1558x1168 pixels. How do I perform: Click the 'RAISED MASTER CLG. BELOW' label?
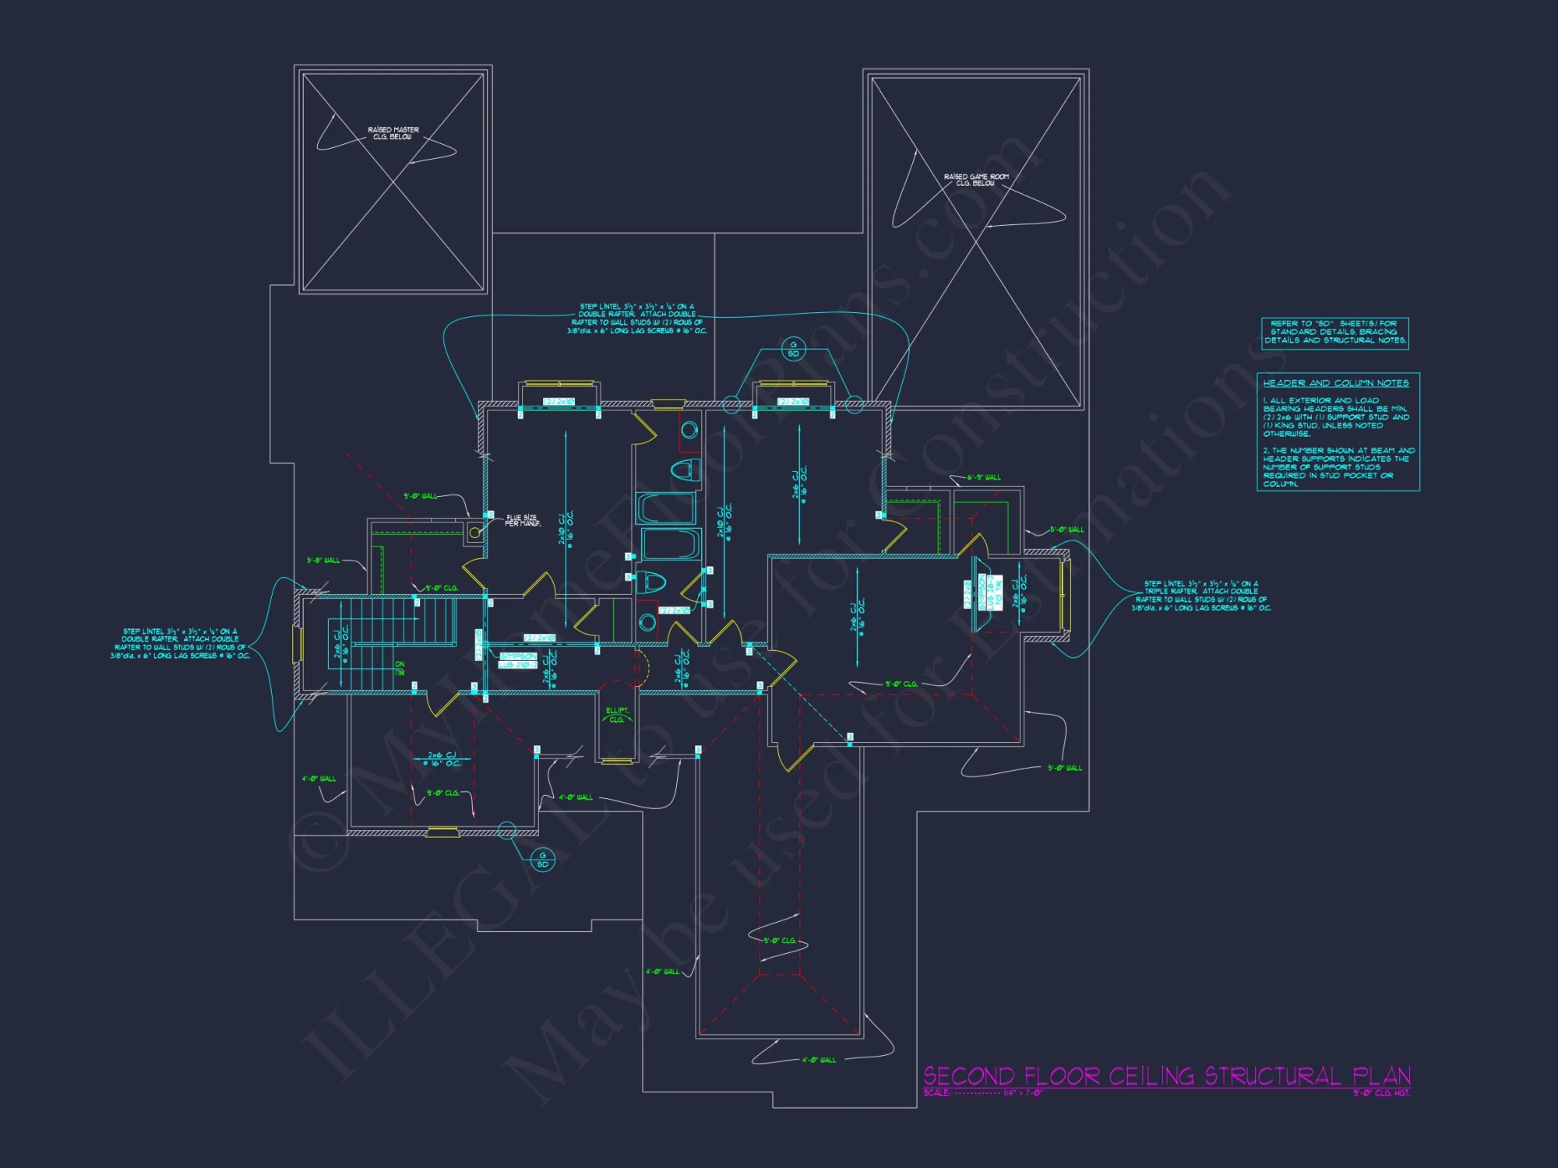pos(393,133)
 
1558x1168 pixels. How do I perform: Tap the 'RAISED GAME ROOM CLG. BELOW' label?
pos(976,180)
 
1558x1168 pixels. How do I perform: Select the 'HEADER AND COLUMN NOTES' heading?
pos(1335,383)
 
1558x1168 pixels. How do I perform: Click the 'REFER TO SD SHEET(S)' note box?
pos(1335,332)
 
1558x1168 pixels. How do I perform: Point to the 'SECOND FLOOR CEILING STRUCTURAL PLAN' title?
pos(1167,1076)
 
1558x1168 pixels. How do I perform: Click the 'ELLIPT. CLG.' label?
pos(617,715)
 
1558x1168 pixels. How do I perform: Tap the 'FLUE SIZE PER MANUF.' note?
pos(523,520)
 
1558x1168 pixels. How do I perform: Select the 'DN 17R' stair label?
pos(400,668)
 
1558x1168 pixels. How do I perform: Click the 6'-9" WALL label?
pos(984,477)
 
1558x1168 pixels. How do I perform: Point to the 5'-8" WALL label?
pos(323,560)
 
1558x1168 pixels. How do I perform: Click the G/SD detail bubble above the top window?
pos(793,349)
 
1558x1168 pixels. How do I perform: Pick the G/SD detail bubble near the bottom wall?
pos(543,860)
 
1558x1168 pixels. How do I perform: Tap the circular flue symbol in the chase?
pos(474,533)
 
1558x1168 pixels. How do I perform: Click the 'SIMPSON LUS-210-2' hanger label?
pos(517,660)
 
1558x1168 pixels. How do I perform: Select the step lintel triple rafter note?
pos(1201,596)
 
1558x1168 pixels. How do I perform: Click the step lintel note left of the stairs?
pos(180,643)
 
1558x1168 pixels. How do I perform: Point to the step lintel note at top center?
pos(637,318)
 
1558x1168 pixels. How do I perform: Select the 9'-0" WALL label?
pos(421,496)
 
